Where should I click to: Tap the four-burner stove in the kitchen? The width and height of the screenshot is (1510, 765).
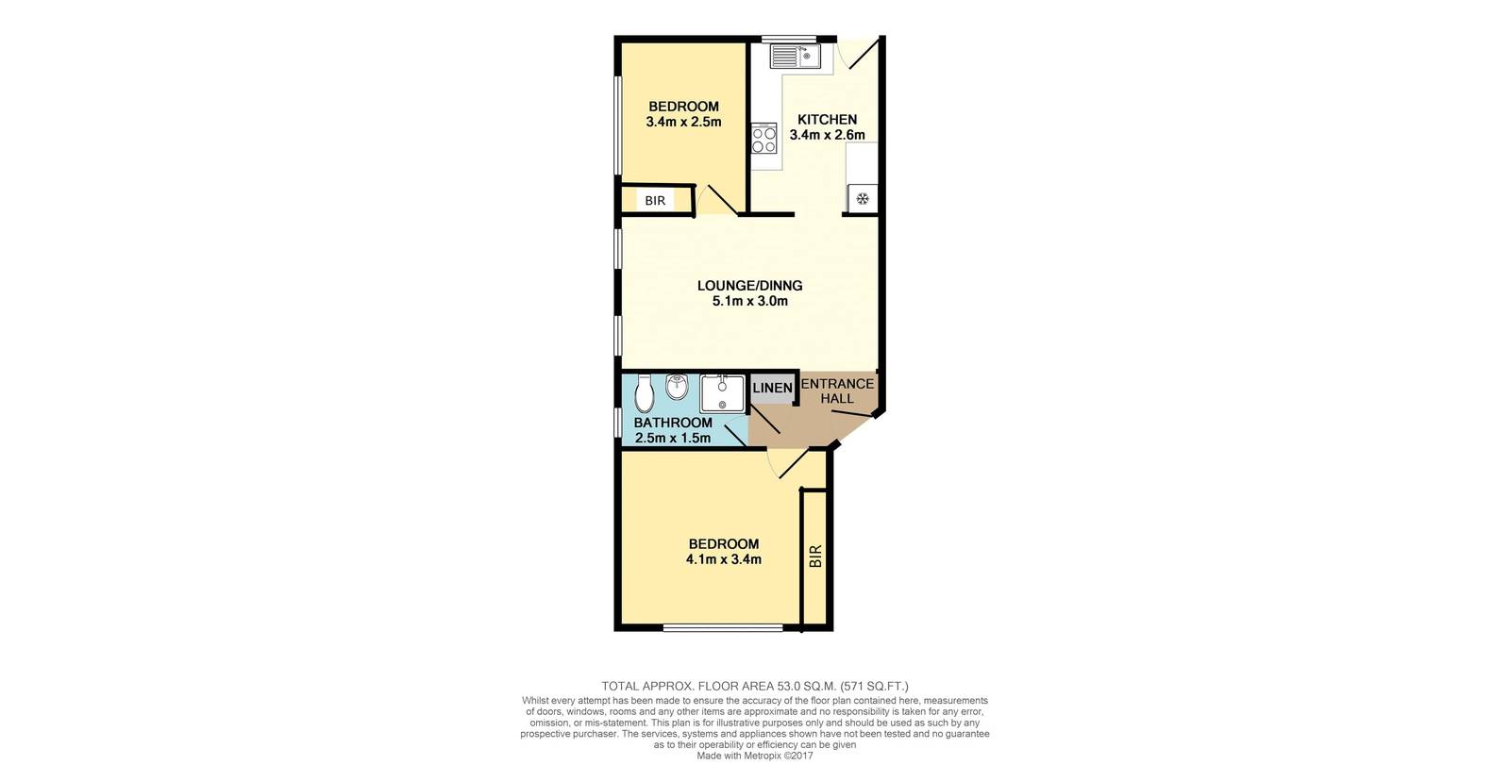pos(763,139)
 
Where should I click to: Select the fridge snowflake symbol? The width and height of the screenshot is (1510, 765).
pos(862,199)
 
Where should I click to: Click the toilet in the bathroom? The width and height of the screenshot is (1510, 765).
pos(645,391)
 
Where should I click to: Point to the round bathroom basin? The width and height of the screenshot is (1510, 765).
pos(676,387)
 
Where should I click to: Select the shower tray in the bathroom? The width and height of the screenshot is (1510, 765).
pos(722,392)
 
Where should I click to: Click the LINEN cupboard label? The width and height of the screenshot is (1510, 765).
pos(772,388)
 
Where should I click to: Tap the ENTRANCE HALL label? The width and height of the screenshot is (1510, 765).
pos(837,391)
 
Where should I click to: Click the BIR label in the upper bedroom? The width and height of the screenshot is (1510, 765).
pos(655,201)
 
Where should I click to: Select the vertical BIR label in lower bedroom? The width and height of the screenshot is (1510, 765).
pos(816,557)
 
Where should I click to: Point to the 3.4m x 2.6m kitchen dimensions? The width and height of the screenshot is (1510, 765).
pos(827,135)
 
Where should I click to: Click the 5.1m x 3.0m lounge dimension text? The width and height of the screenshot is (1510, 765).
pos(749,302)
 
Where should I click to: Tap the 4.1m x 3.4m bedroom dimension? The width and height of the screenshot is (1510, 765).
pos(723,559)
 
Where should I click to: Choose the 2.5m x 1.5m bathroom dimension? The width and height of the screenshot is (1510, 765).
pos(672,438)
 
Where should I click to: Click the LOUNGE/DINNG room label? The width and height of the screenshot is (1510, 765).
pos(749,286)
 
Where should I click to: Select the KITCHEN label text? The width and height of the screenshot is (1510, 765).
pos(827,119)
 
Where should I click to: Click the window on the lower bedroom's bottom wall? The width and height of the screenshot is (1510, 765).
pos(722,627)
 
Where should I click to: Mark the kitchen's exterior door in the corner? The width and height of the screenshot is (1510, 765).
pos(861,52)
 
